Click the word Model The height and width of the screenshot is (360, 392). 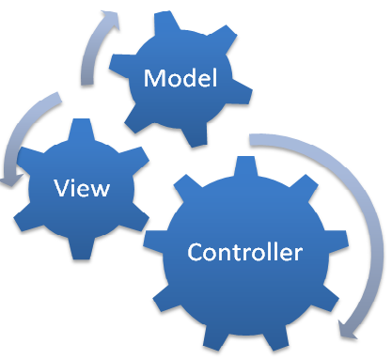coord(180,78)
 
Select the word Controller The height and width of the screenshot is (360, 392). coord(244,253)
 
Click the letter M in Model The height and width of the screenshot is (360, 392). coord(153,79)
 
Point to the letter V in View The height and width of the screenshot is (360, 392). coord(63,188)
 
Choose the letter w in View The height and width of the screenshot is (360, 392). coord(100,189)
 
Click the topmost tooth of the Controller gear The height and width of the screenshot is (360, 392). coord(245,169)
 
